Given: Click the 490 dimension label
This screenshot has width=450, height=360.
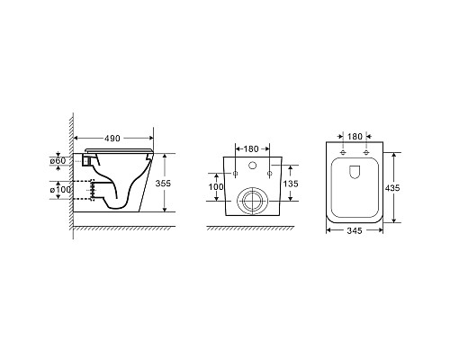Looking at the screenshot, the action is click(x=112, y=139).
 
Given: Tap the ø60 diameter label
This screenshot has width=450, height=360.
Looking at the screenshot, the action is click(x=58, y=161).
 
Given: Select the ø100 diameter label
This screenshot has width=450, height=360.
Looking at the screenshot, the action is click(x=60, y=190).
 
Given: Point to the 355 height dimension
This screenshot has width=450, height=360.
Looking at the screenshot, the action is click(x=163, y=183).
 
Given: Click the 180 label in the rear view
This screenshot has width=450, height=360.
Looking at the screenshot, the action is click(x=250, y=148).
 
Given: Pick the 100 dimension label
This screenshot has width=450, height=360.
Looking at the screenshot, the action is click(x=216, y=187).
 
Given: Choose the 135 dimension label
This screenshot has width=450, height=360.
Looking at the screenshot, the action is click(x=291, y=184).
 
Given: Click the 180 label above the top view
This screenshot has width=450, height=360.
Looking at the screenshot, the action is click(x=355, y=137).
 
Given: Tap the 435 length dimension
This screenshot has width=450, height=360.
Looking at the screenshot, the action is click(x=392, y=188).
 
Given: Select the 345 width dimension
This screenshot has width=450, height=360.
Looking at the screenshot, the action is click(x=355, y=230).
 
